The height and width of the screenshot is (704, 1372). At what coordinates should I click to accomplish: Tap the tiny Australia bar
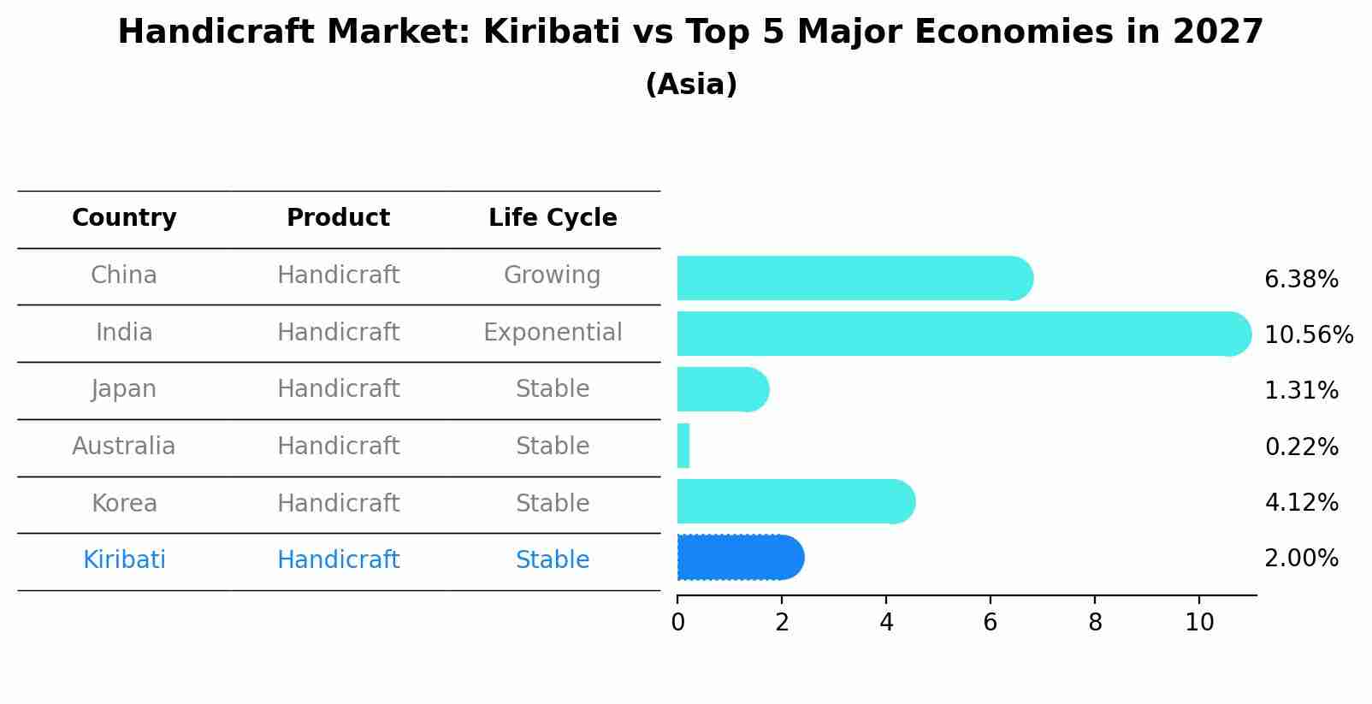683,446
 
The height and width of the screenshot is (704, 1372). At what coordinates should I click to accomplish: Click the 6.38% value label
1301,280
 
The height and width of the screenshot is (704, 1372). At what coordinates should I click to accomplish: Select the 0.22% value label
1301,447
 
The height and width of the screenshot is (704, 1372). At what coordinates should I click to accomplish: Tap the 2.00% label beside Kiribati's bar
1301,559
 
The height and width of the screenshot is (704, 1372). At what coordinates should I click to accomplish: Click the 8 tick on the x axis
1095,623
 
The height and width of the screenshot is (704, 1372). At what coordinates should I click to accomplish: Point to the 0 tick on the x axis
677,623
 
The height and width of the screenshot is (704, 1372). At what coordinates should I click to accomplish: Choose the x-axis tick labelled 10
1199,623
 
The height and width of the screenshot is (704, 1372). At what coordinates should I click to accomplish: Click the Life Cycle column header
553,218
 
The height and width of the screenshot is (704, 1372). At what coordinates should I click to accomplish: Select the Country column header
124,218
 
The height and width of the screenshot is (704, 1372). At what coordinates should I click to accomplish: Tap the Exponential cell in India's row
553,332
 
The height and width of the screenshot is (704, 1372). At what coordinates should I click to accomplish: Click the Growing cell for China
553,275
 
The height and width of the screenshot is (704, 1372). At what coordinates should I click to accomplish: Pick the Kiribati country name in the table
124,560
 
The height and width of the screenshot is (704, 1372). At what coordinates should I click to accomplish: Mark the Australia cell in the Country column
124,447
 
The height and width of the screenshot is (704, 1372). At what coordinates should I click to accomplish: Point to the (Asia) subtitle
691,85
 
